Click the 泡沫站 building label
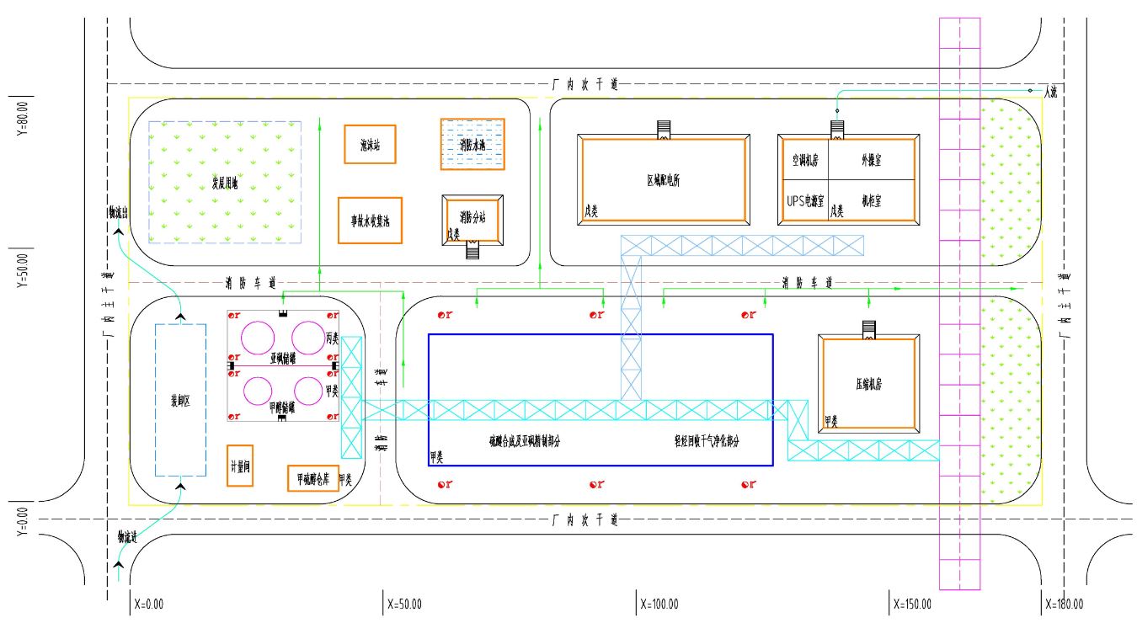click(371, 145)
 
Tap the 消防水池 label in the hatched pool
click(472, 145)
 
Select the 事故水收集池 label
click(370, 221)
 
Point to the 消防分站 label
click(472, 217)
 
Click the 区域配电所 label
click(663, 180)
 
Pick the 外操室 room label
click(871, 159)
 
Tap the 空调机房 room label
click(805, 159)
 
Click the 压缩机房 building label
click(868, 384)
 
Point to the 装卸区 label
click(180, 402)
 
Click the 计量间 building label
click(240, 468)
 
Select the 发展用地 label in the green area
click(225, 183)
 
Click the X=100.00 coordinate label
click(659, 604)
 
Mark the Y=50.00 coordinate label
click(23, 269)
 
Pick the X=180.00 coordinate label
click(1064, 604)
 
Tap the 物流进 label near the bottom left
click(127, 536)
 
